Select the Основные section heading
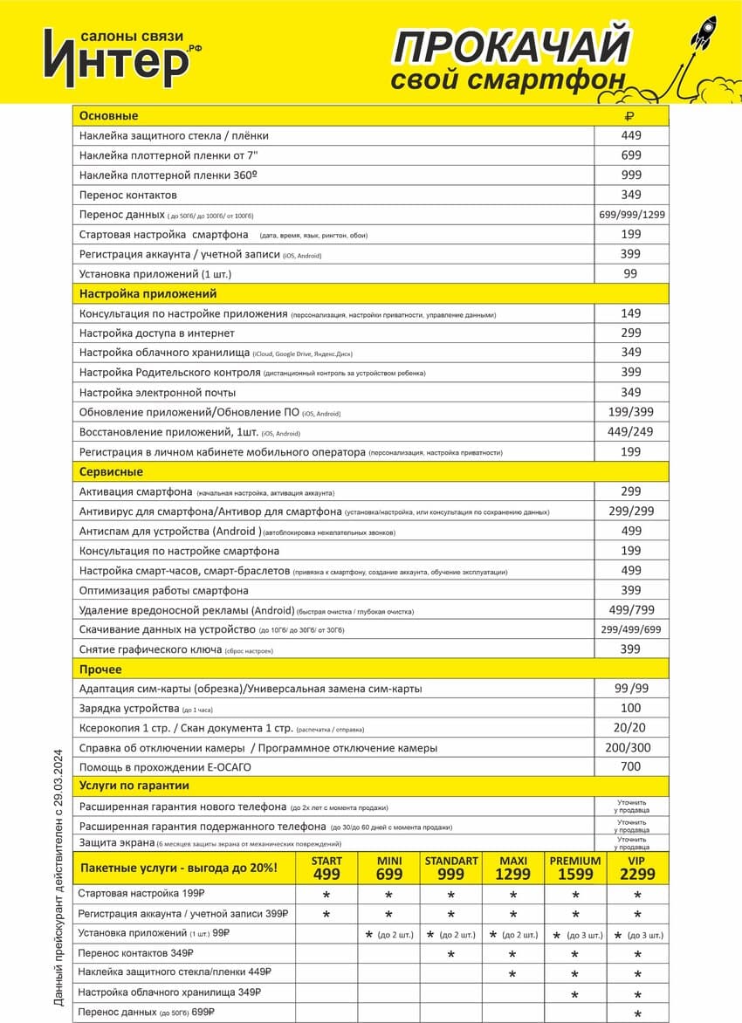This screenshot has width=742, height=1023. coord(108,115)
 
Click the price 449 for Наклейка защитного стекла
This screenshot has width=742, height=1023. coord(631,135)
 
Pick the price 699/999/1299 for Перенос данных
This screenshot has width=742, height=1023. coord(632,215)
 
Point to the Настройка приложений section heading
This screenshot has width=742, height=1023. coord(148,293)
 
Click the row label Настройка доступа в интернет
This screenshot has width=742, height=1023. coord(156,333)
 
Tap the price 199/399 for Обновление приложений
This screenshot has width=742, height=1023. coord(631,412)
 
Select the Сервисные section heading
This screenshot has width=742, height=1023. coord(111,471)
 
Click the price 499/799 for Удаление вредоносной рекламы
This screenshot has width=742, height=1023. coord(631,610)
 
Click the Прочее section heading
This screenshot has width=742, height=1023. coord(100,669)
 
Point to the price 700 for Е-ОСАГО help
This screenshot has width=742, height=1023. coord(631,766)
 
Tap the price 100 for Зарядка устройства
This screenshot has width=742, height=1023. coord(631,708)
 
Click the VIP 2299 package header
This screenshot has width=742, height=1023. coord(638,868)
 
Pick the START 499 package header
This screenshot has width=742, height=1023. coord(326,868)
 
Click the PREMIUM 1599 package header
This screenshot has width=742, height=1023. coord(575,868)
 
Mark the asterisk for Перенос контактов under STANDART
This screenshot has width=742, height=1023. coord(451,954)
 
